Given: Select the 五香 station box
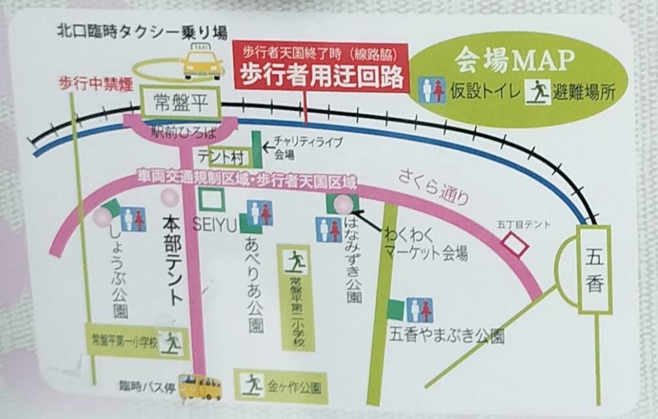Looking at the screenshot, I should [594, 268].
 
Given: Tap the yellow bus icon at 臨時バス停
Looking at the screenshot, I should [201, 386].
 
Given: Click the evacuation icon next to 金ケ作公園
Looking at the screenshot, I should [252, 384].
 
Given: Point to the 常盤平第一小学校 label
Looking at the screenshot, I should [124, 340].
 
